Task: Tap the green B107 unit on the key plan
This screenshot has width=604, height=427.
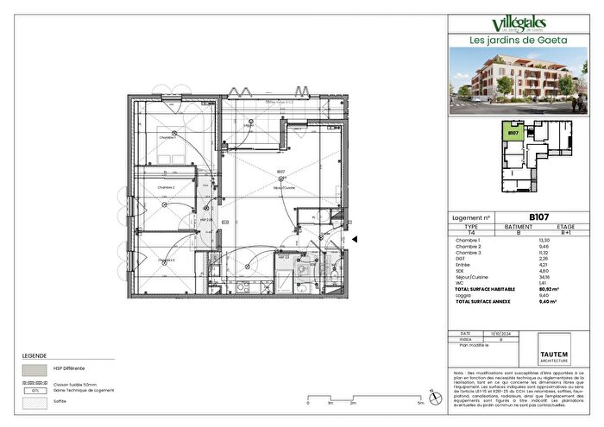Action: [x=513, y=133]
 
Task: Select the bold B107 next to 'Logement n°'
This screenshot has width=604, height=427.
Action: [x=517, y=218]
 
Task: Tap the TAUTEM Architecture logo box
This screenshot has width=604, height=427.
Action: [x=566, y=352]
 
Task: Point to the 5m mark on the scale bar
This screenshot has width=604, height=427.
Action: [x=420, y=403]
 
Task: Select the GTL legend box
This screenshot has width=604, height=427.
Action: [x=35, y=391]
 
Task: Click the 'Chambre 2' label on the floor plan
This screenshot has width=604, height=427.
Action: [x=166, y=187]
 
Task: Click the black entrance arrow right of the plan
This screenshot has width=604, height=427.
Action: [x=354, y=240]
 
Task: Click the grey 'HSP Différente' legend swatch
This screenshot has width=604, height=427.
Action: [x=35, y=367]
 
